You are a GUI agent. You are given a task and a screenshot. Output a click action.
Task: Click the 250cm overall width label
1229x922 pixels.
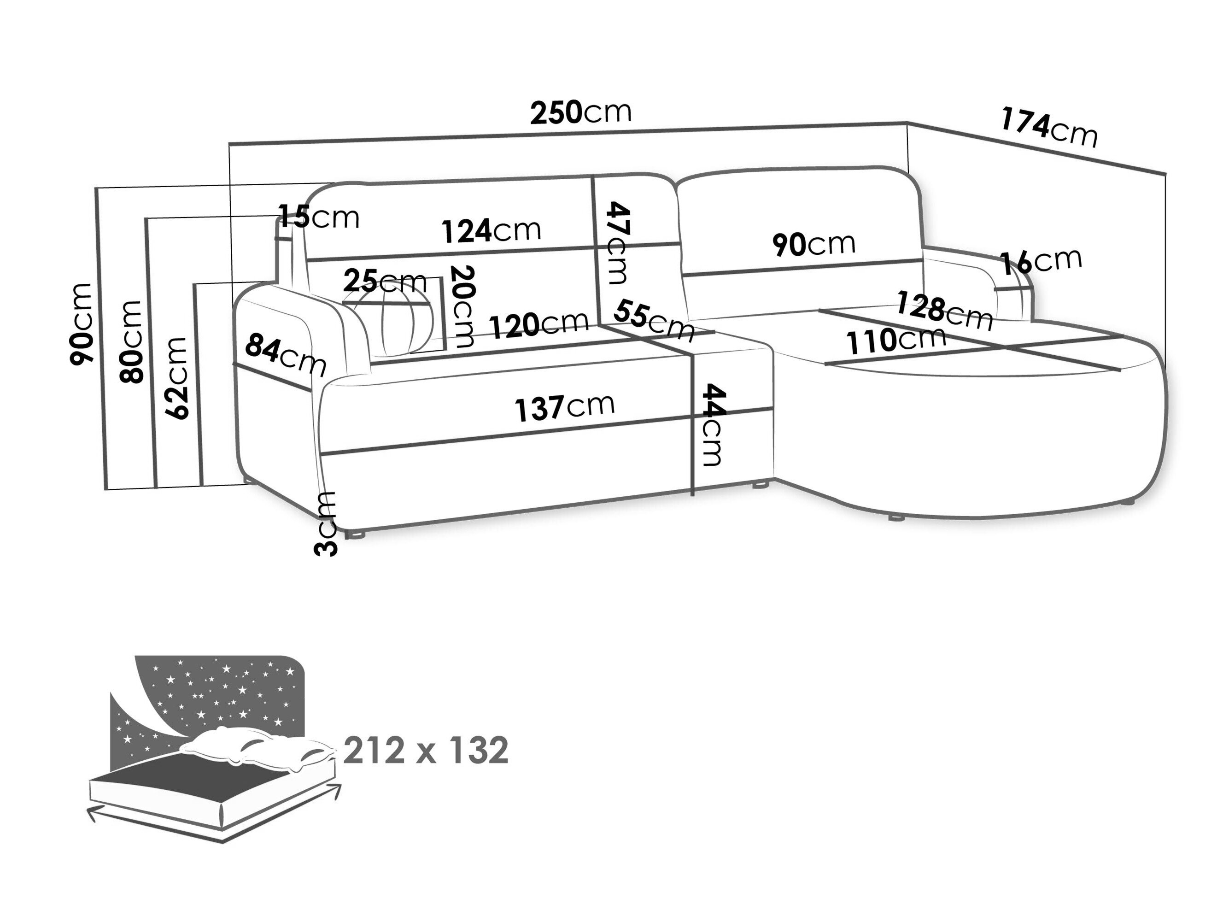coord(580,112)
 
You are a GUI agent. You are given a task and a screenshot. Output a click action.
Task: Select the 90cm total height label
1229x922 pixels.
coord(81,324)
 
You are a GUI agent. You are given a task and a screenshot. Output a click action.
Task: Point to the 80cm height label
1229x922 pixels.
coord(131,341)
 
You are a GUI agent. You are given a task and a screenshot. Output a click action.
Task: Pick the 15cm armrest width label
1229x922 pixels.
coord(318,217)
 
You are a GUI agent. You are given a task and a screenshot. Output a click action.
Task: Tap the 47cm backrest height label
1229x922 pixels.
coord(618,242)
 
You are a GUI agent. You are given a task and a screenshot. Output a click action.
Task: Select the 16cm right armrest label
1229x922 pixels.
coord(1041,261)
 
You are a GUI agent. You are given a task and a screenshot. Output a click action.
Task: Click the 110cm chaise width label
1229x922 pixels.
coord(895,341)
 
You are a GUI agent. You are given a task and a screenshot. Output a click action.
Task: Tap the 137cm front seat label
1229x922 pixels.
coord(564,407)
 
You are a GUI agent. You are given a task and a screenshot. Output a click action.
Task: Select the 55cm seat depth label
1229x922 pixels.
coord(655,321)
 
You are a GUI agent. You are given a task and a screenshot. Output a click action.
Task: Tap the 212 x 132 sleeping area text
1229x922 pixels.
coord(426,751)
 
